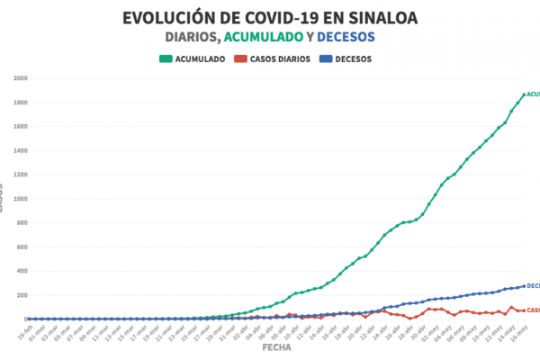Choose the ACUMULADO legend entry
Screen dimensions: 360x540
click(193, 58)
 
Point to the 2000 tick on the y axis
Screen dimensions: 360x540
click(21, 78)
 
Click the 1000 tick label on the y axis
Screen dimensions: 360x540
click(21, 199)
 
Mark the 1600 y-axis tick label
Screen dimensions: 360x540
click(21, 126)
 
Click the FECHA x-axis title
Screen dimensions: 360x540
click(275, 346)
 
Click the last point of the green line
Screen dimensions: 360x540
click(523, 94)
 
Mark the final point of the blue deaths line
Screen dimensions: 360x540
click(523, 286)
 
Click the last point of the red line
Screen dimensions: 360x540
click(523, 310)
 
